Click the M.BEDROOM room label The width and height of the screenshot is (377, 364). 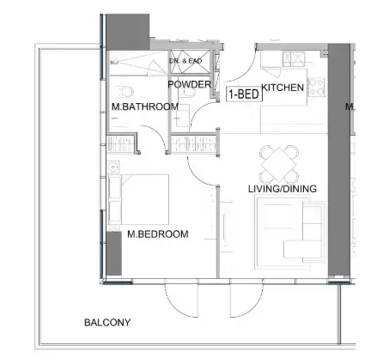click(157, 233)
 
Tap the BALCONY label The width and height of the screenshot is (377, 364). click(107, 323)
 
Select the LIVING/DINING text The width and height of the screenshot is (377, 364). click(282, 189)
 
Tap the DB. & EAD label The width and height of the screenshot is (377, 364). click(185, 61)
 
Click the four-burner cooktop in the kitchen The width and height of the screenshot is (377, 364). click(315, 87)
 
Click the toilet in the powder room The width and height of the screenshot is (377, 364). click(179, 116)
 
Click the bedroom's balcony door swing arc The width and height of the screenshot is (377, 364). click(184, 300)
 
